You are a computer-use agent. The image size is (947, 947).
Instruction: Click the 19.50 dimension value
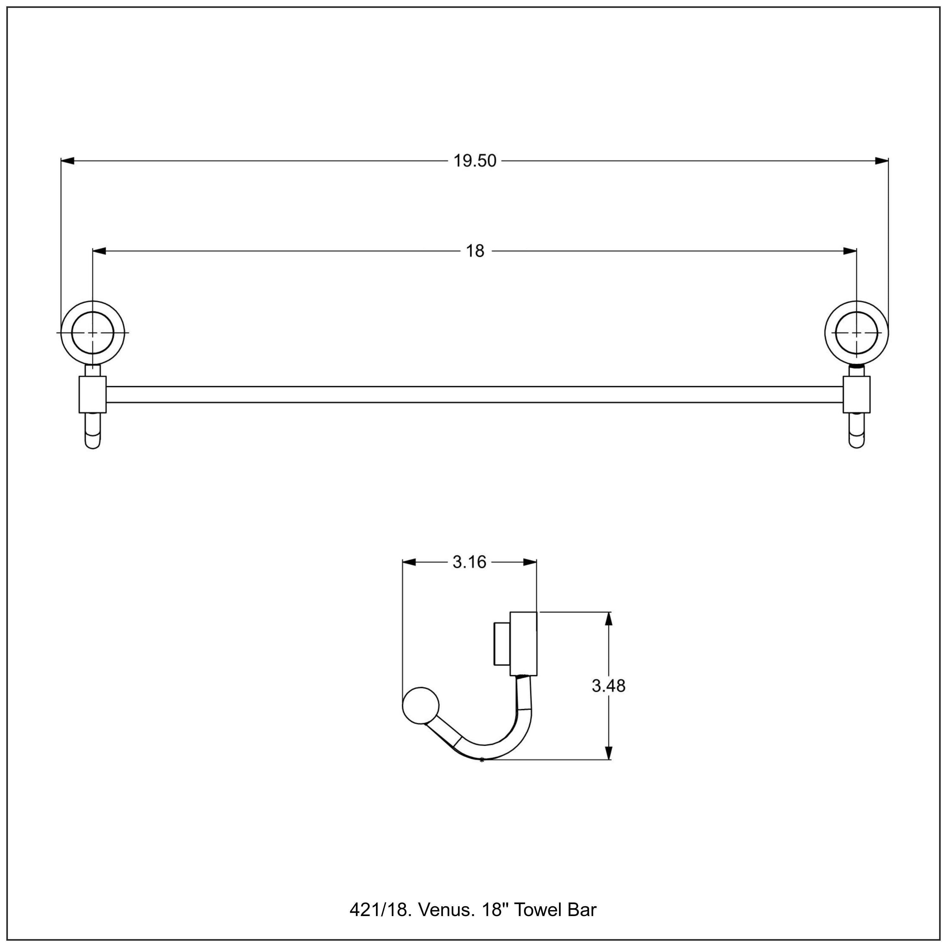pyautogui.click(x=474, y=161)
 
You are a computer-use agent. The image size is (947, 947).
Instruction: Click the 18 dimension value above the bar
pyautogui.click(x=474, y=251)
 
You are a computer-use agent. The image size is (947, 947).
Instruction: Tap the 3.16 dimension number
pyautogui.click(x=469, y=562)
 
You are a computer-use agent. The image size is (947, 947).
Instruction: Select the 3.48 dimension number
pyautogui.click(x=608, y=686)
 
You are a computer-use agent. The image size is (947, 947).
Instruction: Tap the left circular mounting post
pyautogui.click(x=92, y=332)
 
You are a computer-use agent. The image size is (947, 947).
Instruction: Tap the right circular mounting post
pyautogui.click(x=856, y=332)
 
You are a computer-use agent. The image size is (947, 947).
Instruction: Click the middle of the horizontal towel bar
pyautogui.click(x=474, y=395)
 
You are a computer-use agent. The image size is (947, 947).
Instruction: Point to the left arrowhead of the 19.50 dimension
pyautogui.click(x=68, y=161)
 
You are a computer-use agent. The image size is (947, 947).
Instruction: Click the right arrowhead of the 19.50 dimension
pyautogui.click(x=882, y=161)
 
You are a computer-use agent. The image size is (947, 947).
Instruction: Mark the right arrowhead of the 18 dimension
pyautogui.click(x=850, y=251)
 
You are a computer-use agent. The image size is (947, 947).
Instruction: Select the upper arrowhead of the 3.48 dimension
pyautogui.click(x=609, y=619)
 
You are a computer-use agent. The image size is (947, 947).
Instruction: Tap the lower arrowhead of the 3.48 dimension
pyautogui.click(x=609, y=753)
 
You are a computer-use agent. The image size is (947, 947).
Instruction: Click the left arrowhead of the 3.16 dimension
pyautogui.click(x=409, y=562)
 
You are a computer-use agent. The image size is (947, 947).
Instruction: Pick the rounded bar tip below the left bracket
pyautogui.click(x=92, y=431)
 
